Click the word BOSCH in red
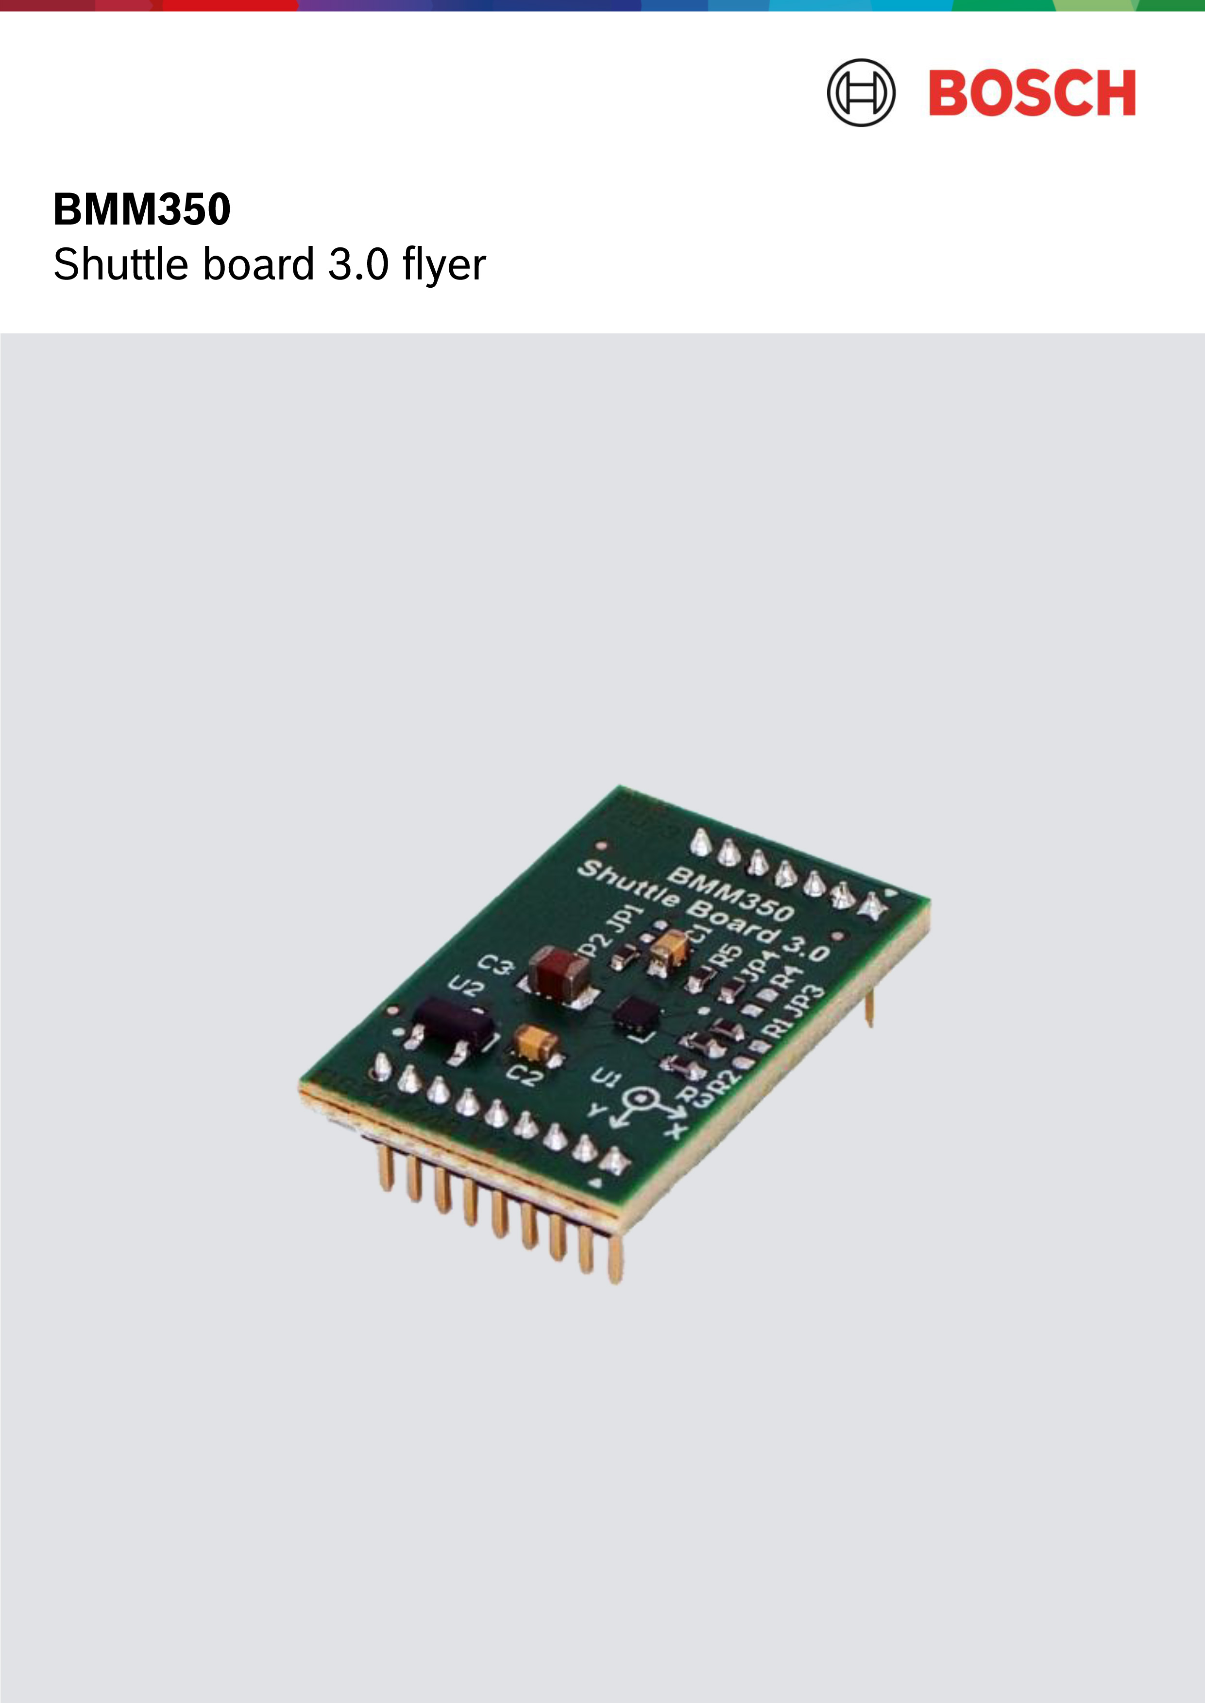pos(1032,93)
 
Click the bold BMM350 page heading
pos(142,209)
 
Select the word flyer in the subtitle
pos(444,265)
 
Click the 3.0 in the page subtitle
pos(358,265)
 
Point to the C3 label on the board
pos(495,967)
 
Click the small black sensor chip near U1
pos(637,1014)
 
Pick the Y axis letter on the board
pos(596,1112)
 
